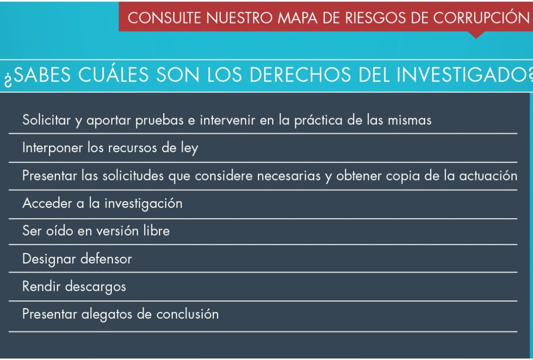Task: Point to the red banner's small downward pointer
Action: [x=476, y=35]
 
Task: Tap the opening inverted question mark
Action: [x=8, y=78]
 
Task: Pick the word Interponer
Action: [x=52, y=148]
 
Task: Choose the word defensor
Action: [x=106, y=259]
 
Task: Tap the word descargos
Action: [x=96, y=287]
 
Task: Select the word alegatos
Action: [x=107, y=315]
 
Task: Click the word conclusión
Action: [x=187, y=314]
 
